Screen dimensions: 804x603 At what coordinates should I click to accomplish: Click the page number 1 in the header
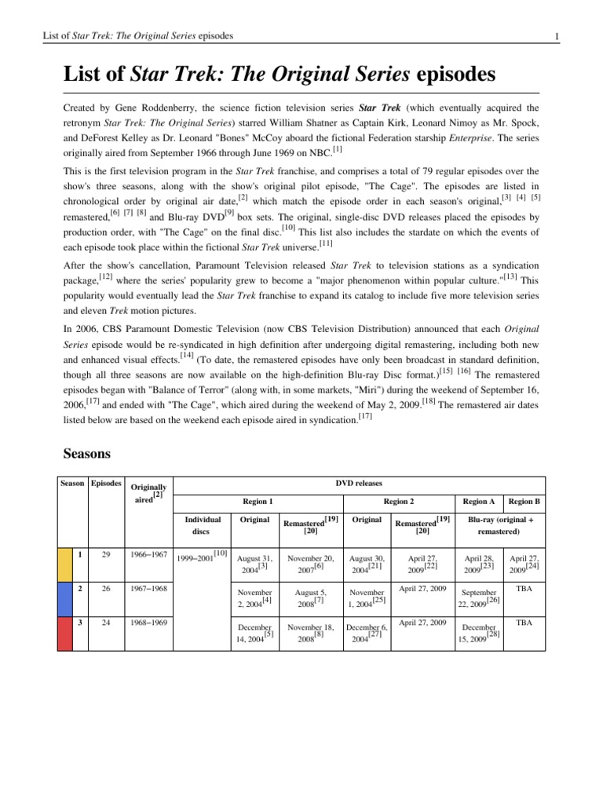point(556,37)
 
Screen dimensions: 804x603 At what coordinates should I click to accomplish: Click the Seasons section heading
point(87,454)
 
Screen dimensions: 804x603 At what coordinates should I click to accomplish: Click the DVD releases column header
point(359,484)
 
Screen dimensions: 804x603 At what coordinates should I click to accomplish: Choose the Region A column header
point(479,501)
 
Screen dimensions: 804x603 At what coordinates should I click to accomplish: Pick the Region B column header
point(524,501)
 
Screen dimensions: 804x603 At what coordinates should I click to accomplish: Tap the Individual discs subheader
point(202,524)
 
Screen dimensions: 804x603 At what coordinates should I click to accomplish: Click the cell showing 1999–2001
point(202,556)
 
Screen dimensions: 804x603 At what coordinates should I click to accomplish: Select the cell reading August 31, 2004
point(254,562)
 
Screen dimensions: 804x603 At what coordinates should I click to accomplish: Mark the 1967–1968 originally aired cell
point(149,588)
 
